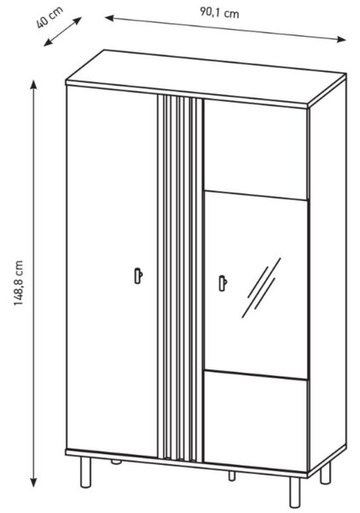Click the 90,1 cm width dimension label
(220, 13)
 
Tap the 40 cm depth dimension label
(49, 18)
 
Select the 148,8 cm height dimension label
(19, 283)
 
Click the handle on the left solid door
(139, 275)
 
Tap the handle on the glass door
(223, 283)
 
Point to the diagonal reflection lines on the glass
(261, 288)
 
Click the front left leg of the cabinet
(86, 472)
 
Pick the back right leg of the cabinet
(325, 472)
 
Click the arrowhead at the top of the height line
(33, 85)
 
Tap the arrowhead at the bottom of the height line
(33, 482)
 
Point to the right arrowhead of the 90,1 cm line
(341, 39)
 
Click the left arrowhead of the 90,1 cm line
(109, 18)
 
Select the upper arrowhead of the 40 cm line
(77, 21)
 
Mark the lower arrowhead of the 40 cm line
(48, 43)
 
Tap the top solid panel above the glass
(256, 149)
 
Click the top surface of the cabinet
(205, 78)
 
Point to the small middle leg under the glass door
(232, 475)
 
